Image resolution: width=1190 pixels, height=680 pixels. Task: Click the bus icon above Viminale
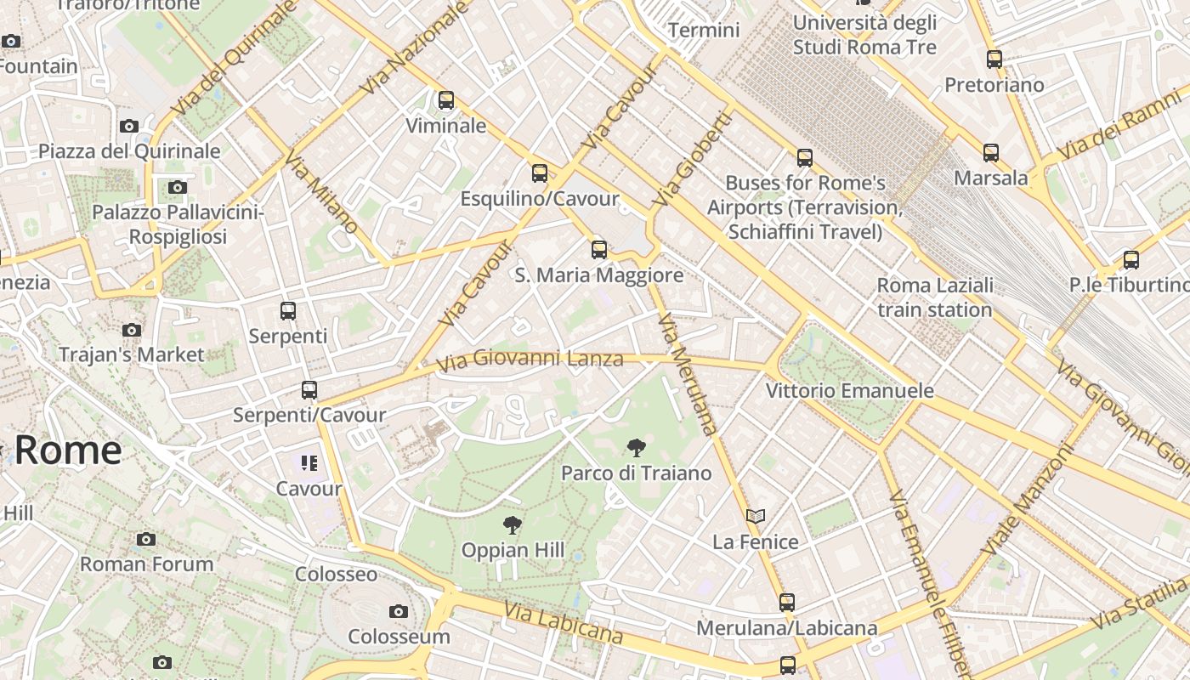446,100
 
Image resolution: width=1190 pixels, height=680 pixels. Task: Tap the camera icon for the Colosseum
398,611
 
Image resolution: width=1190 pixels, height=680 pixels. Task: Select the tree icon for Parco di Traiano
636,448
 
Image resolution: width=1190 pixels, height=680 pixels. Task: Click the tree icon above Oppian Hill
512,525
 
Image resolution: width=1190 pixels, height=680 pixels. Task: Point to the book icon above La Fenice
756,516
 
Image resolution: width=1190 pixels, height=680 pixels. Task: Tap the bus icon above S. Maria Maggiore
599,249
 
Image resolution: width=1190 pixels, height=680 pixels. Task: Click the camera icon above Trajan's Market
132,330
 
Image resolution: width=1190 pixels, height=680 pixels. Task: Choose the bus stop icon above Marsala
991,153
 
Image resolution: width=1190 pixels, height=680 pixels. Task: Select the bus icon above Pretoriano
994,59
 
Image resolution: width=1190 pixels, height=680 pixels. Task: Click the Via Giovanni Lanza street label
530,360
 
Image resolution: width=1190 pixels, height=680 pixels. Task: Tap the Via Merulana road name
688,374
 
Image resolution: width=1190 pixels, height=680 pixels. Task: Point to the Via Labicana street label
563,623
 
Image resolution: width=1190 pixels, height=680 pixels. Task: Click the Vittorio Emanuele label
849,391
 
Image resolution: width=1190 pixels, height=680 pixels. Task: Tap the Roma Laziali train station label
935,297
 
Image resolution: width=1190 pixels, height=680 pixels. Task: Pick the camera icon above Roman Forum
146,539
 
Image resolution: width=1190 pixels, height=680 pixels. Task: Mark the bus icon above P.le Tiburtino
1131,260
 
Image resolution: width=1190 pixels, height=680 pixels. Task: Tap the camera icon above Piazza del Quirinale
129,127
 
